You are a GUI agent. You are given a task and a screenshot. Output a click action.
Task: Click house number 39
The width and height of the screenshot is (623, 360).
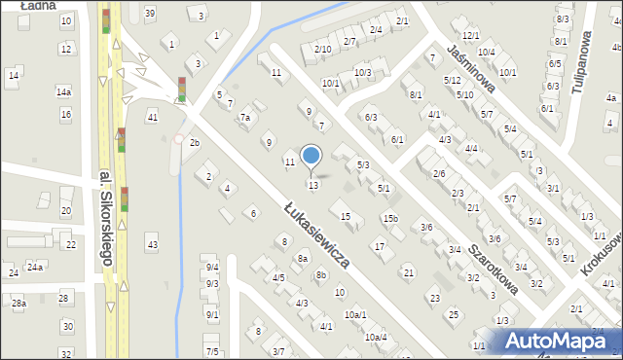coord(149,13)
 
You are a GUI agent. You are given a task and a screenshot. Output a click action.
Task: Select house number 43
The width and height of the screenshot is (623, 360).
coord(152,242)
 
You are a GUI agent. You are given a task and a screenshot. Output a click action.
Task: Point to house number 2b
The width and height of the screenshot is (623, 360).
coord(194,143)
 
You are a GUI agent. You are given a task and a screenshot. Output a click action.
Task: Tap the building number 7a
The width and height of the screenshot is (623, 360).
coord(246,118)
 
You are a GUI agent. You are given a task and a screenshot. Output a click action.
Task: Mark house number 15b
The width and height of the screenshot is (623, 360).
coord(390,219)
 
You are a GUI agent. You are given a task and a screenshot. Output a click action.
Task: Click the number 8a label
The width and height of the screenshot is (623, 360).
coord(303,259)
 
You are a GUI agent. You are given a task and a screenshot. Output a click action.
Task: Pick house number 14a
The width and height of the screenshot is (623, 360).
coord(63,91)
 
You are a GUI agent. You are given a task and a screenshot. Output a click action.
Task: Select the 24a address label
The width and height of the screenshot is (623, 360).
coord(35,267)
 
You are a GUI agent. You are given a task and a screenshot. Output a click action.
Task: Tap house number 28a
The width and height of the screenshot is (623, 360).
coord(18,304)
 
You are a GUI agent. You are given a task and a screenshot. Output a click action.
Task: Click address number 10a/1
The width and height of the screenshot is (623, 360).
coord(355,315)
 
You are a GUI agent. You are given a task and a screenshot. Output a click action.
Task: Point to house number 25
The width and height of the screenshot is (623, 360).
coord(453,314)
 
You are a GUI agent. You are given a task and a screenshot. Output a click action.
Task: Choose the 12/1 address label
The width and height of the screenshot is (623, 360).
coord(471,35)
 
